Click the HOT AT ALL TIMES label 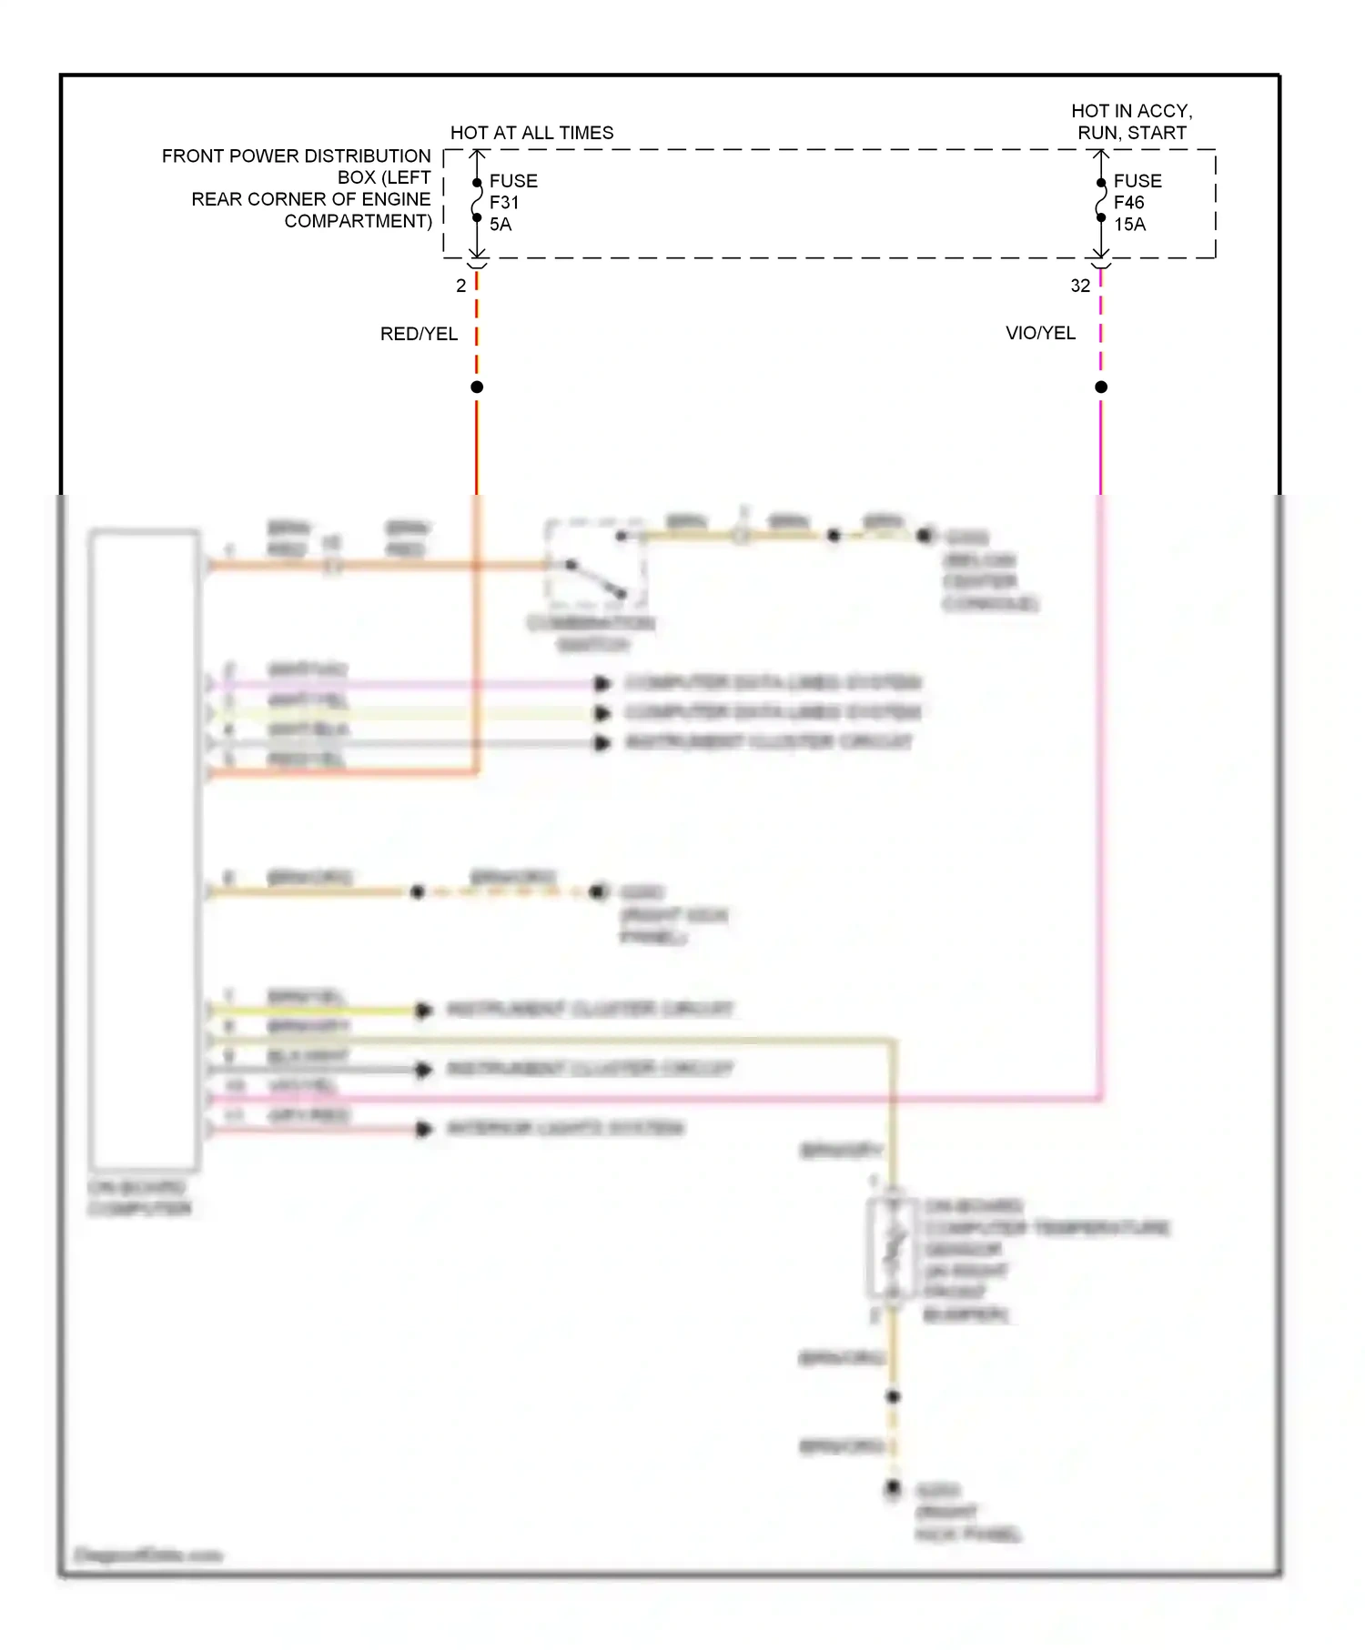coord(531,133)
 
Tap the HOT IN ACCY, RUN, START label coord(1131,122)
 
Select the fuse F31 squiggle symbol coord(477,200)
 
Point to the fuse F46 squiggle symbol coord(1100,200)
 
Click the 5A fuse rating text coord(500,225)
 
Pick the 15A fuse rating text coord(1129,225)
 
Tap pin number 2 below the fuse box coord(461,286)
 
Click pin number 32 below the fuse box coord(1080,286)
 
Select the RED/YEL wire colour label coord(419,334)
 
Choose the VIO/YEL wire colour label coord(1040,333)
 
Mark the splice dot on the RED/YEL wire coord(477,387)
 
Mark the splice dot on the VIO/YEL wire coord(1100,387)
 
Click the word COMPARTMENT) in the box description coord(358,221)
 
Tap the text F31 coord(504,203)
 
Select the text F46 coord(1128,203)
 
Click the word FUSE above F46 coord(1137,181)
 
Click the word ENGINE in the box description coord(395,199)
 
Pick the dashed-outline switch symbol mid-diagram coord(595,564)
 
